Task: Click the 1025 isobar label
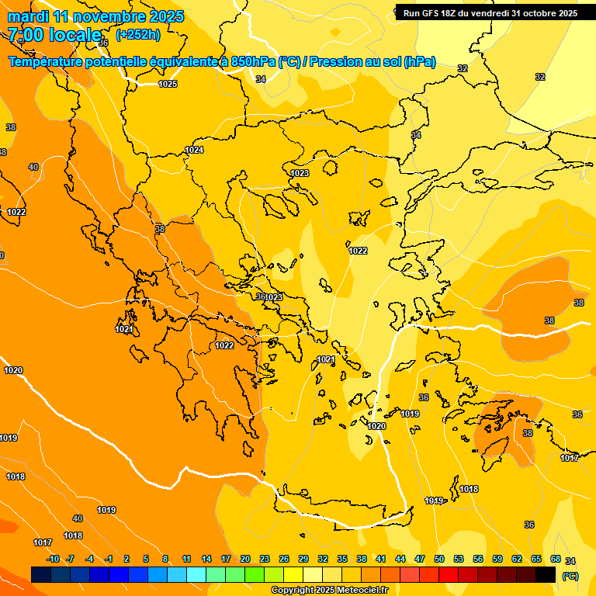click(x=168, y=84)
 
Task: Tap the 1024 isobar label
click(x=194, y=150)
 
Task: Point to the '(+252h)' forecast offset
click(x=137, y=35)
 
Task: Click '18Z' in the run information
click(x=458, y=13)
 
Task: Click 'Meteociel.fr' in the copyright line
click(x=361, y=591)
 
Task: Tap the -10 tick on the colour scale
click(x=53, y=560)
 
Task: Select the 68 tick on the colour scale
click(x=556, y=560)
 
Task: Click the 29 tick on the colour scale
click(x=303, y=560)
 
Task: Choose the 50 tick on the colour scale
click(x=439, y=560)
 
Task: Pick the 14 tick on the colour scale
click(x=206, y=560)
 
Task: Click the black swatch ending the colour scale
click(x=546, y=574)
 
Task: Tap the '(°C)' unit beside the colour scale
click(x=570, y=576)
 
